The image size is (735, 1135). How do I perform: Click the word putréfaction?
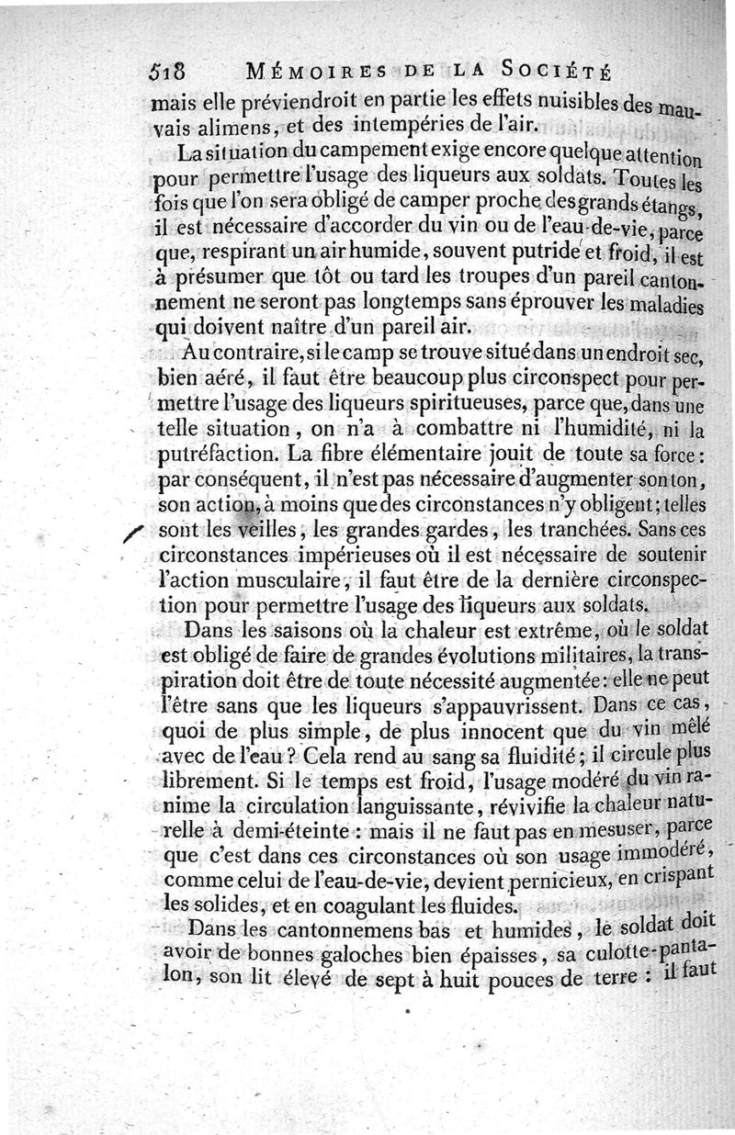[x=216, y=455]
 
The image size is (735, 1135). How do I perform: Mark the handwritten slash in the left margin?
[x=133, y=533]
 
